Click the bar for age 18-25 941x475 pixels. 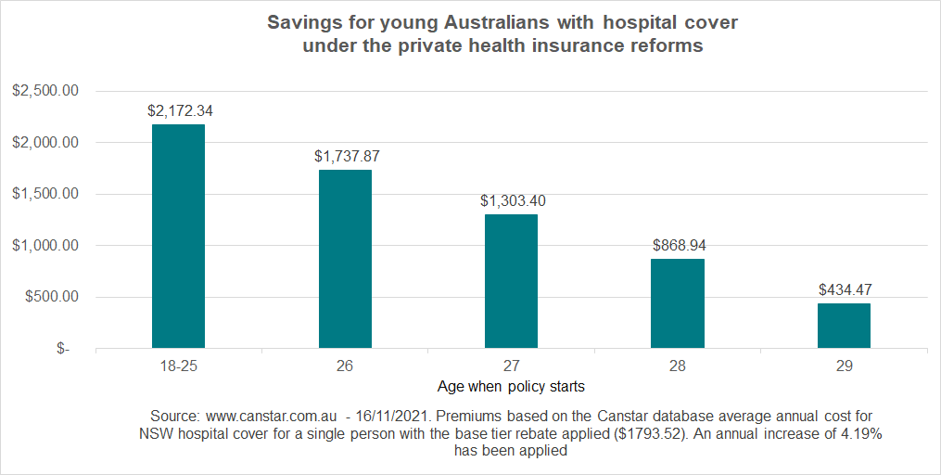(x=178, y=237)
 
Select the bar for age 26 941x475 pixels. (x=345, y=259)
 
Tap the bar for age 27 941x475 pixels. (x=511, y=281)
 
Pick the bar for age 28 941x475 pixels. (x=678, y=303)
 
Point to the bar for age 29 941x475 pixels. (x=844, y=326)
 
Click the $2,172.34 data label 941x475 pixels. (x=181, y=110)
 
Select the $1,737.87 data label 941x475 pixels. (x=347, y=156)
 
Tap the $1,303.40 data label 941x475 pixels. (x=513, y=200)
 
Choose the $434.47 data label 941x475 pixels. (x=845, y=289)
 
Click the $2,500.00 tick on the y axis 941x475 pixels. (x=44, y=91)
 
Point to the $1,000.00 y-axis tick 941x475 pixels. (x=44, y=246)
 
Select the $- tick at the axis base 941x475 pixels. (x=62, y=350)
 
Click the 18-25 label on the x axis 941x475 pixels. (x=178, y=366)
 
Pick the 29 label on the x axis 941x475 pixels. (x=844, y=366)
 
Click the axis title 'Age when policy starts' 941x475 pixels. (x=511, y=385)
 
